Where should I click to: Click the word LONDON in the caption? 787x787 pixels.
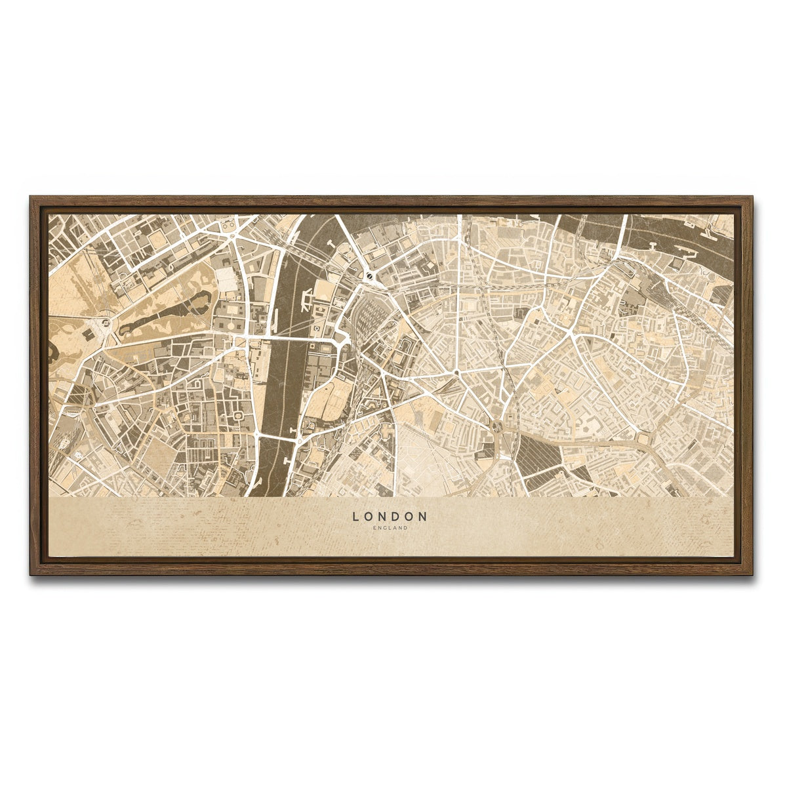pos(390,517)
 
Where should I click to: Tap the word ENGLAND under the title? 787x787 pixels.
pos(390,527)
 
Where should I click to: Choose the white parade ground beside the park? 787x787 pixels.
pos(226,280)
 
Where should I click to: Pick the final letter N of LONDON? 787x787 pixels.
pos(423,517)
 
